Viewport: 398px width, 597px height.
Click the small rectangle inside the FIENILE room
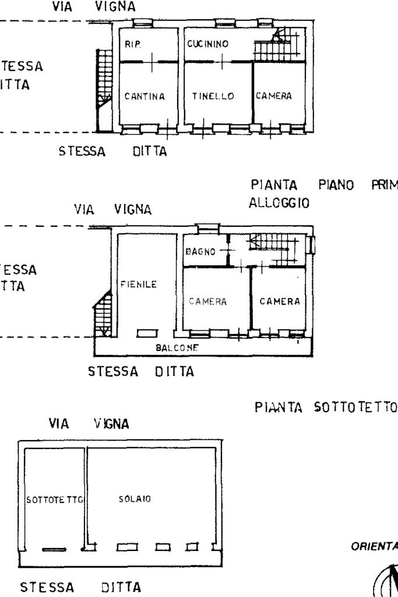point(146,333)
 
